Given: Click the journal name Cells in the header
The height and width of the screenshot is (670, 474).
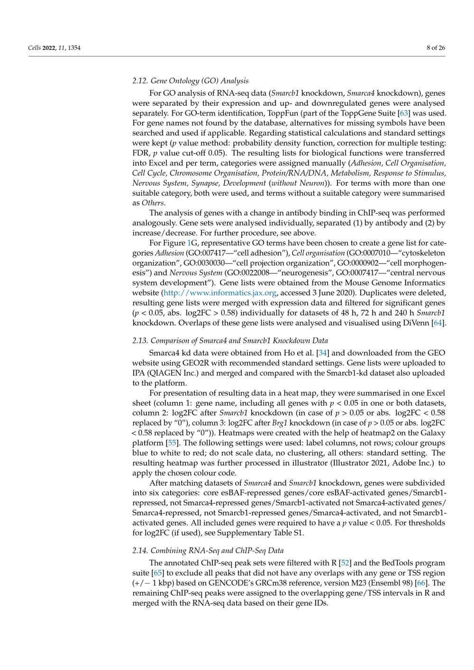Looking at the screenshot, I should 35,47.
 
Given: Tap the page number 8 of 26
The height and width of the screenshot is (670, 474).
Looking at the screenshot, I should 436,47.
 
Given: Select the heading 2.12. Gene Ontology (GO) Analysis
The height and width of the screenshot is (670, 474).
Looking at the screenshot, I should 190,81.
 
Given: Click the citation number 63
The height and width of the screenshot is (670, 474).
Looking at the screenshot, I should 404,113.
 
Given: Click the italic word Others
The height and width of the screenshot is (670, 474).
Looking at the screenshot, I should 153,203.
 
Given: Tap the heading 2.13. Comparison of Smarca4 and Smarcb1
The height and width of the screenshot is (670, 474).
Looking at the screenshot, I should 230,340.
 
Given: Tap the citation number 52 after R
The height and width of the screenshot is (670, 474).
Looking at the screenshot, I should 345,563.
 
